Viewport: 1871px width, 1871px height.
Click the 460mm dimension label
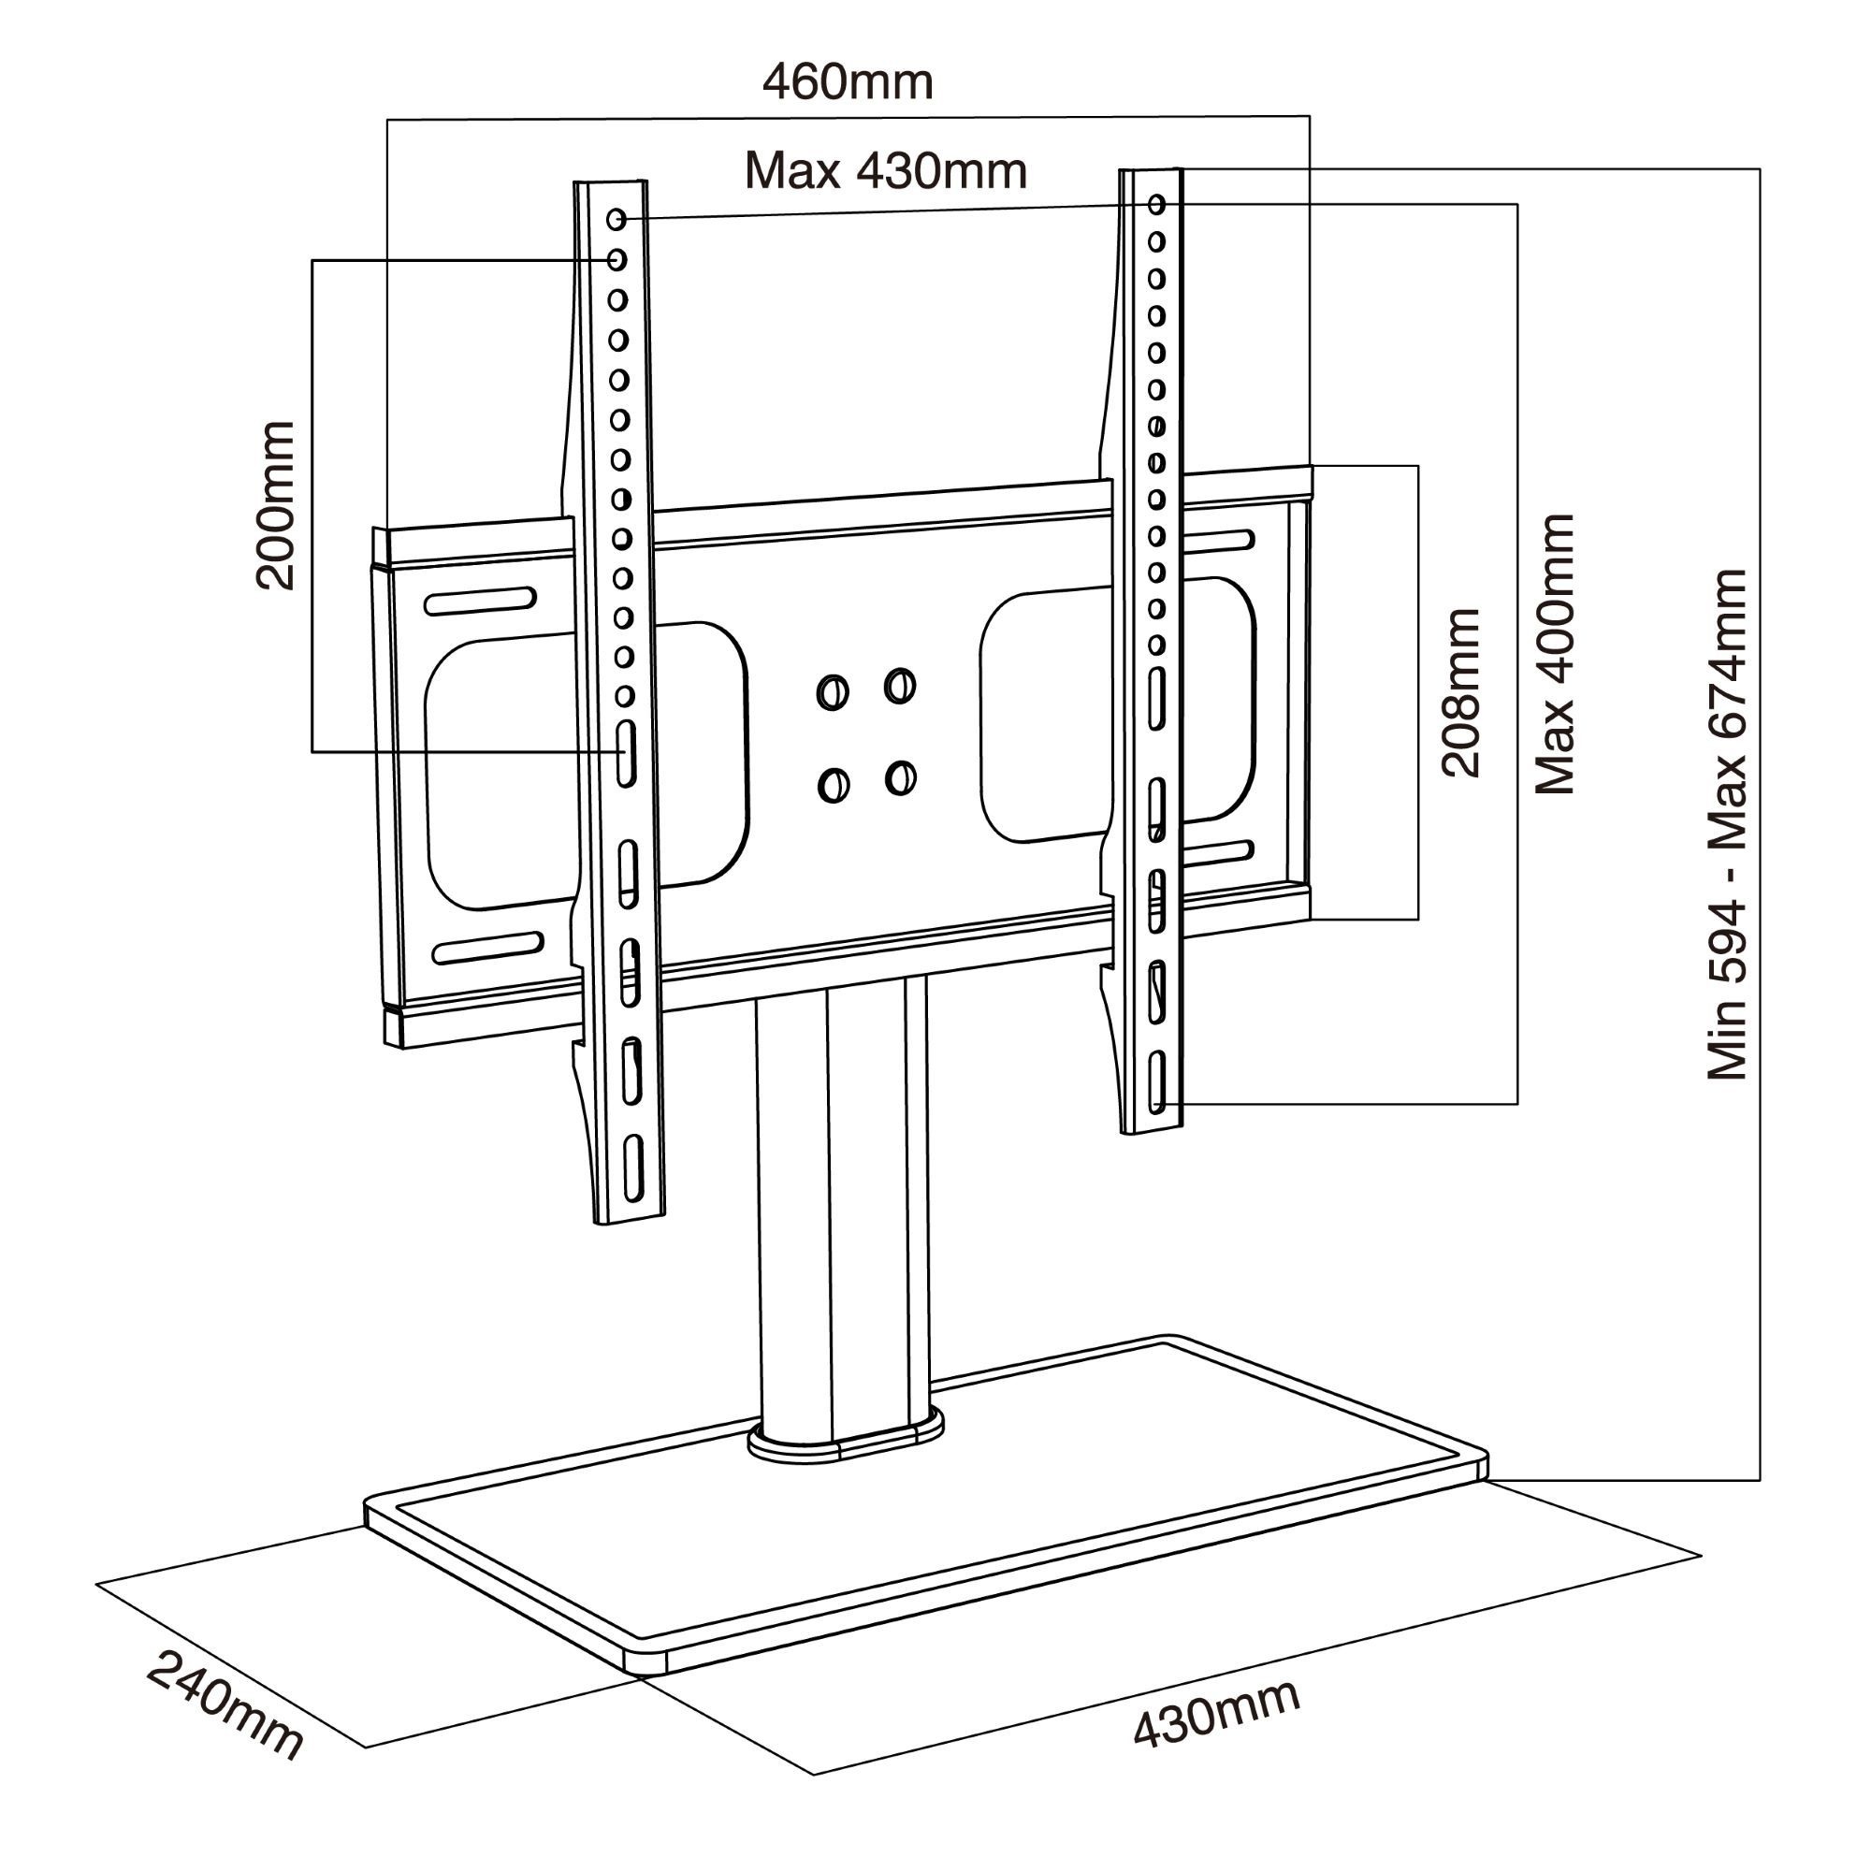(x=848, y=82)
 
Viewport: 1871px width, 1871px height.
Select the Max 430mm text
(x=885, y=171)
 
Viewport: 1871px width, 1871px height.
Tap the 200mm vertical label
(x=275, y=505)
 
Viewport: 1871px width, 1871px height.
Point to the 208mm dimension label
(x=1461, y=693)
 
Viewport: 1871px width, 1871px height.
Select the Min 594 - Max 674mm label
(x=1727, y=825)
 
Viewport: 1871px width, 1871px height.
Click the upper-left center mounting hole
(x=833, y=692)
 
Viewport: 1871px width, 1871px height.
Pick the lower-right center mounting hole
(x=901, y=777)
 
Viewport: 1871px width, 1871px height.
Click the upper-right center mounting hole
(x=900, y=686)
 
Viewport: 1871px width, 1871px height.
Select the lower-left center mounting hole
(x=833, y=785)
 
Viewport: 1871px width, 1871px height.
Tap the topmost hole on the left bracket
(x=616, y=220)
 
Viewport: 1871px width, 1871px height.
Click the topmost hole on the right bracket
(x=1157, y=204)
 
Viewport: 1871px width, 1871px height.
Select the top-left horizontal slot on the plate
(x=480, y=601)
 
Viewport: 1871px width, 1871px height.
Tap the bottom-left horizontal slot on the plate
(x=487, y=948)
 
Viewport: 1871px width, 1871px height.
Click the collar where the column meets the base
(x=846, y=1442)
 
